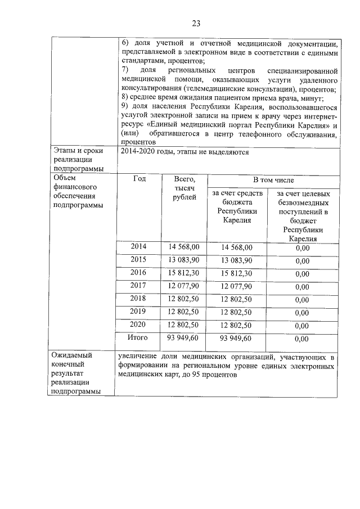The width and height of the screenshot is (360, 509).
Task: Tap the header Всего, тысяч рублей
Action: coord(184,188)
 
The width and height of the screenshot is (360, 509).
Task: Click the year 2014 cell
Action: coord(138,246)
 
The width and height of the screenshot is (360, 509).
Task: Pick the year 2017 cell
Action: coord(138,285)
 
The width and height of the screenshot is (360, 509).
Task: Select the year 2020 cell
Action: coord(138,325)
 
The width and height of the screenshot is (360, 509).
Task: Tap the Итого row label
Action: coord(138,337)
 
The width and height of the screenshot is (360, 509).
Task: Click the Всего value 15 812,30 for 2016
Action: coord(184,273)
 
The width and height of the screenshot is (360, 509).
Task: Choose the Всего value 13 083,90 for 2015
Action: coord(184,260)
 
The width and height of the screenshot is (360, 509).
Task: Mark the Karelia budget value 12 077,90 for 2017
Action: coord(236,286)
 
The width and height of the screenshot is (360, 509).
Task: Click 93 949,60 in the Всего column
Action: coord(184,338)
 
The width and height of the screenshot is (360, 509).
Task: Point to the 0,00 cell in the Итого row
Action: coord(303,339)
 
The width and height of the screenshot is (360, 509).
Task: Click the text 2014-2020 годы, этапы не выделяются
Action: coord(184,152)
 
